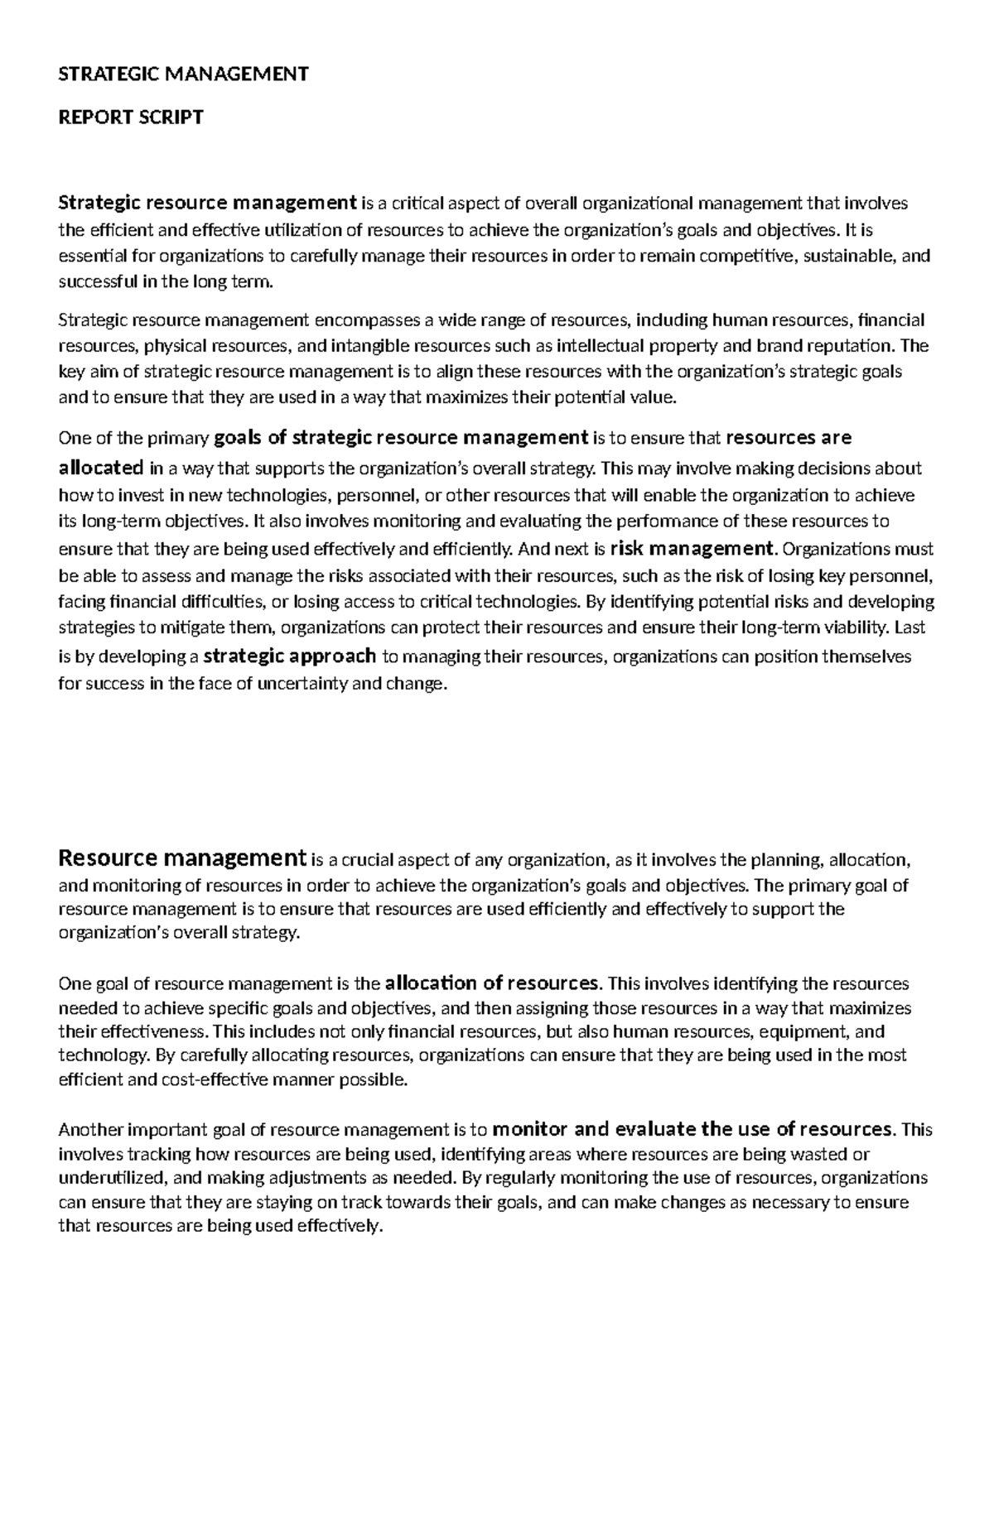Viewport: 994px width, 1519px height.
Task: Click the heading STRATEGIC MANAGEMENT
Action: point(183,75)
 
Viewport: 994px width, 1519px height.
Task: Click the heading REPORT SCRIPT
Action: point(131,118)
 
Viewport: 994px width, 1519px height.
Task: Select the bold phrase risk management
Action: point(692,548)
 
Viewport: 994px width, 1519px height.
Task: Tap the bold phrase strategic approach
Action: point(290,656)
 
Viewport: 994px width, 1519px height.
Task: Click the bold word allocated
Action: point(101,468)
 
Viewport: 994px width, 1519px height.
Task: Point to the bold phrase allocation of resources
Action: point(492,983)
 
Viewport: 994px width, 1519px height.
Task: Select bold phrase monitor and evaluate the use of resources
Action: point(692,1129)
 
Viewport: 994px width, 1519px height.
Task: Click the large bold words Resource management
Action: point(183,858)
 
